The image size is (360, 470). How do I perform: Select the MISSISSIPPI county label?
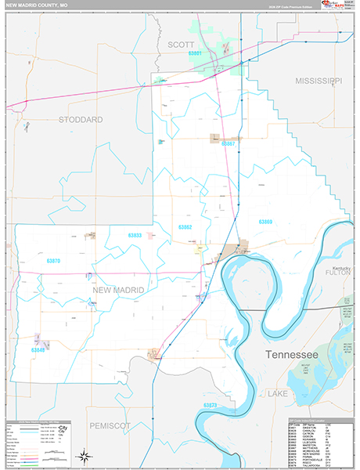click(319, 81)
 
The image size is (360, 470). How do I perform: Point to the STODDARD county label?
click(81, 120)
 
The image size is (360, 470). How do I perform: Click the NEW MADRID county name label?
click(118, 290)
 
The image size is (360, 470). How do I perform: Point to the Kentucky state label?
click(342, 265)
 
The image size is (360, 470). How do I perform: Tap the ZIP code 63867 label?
click(229, 144)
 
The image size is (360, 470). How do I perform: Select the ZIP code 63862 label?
click(185, 227)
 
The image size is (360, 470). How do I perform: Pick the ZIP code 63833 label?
click(135, 234)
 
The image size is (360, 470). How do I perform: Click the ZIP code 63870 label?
click(53, 259)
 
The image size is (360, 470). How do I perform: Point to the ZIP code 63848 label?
click(38, 350)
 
